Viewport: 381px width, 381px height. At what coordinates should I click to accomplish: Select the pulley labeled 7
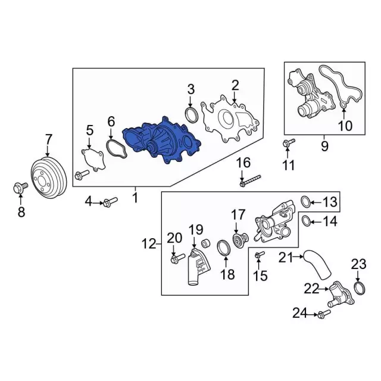pos(49,179)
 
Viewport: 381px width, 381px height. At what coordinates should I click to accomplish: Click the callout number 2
pos(235,86)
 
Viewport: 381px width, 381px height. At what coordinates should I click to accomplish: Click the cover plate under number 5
pos(93,159)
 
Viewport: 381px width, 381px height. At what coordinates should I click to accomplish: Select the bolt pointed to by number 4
pos(110,202)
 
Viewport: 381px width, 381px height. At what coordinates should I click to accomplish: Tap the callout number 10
pos(345,126)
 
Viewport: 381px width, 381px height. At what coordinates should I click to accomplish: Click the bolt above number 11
pos(289,143)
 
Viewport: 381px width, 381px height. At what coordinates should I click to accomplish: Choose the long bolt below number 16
pos(250,180)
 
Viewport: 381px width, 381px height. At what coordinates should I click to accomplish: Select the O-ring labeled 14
pos(306,220)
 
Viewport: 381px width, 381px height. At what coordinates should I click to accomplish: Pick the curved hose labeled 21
pos(316,266)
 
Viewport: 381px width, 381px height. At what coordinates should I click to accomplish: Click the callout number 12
pos(149,243)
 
